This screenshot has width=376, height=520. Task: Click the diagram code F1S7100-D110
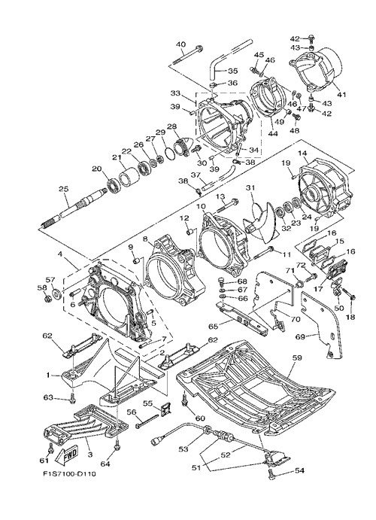coord(69,474)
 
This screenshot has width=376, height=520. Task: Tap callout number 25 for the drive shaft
coord(63,189)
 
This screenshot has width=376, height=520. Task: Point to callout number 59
coord(297,358)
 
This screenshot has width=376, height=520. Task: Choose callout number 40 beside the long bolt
coord(180,44)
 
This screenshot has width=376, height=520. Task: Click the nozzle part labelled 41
coord(317,71)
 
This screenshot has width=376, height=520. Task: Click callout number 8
coord(145,239)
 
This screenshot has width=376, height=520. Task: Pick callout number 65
coord(214,327)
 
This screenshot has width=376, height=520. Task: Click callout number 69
coord(300,337)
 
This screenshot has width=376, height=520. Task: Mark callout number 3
coord(89,454)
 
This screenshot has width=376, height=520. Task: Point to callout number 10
coord(201,207)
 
